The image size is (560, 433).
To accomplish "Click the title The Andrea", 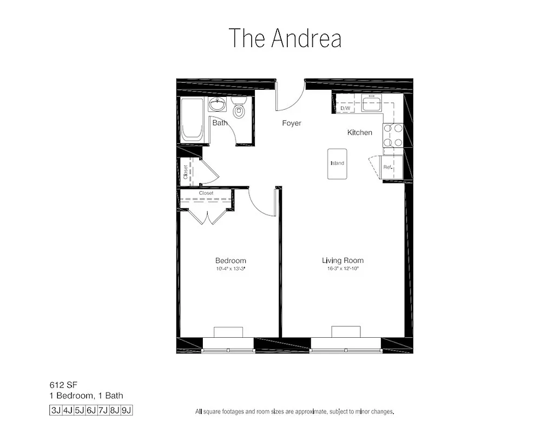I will [x=285, y=38].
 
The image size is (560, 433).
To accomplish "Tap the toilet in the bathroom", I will [x=238, y=108].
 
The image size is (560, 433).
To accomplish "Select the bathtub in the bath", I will [x=193, y=120].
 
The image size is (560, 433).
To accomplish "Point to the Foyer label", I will [x=292, y=123].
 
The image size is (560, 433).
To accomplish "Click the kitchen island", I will [x=337, y=163].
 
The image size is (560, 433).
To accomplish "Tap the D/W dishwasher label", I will [x=345, y=109].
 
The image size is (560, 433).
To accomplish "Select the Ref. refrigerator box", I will [x=389, y=167].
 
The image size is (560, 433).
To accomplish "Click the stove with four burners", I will [x=393, y=135].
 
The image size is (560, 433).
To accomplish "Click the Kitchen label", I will [x=360, y=133].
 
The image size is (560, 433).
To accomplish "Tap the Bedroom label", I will [x=230, y=260].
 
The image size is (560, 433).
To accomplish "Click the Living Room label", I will [x=343, y=260].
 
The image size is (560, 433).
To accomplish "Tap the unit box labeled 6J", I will [x=91, y=410].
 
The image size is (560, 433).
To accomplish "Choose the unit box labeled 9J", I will [x=127, y=410].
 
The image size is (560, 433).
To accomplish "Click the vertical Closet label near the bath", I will [x=186, y=172].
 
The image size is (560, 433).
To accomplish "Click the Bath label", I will [x=220, y=123].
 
